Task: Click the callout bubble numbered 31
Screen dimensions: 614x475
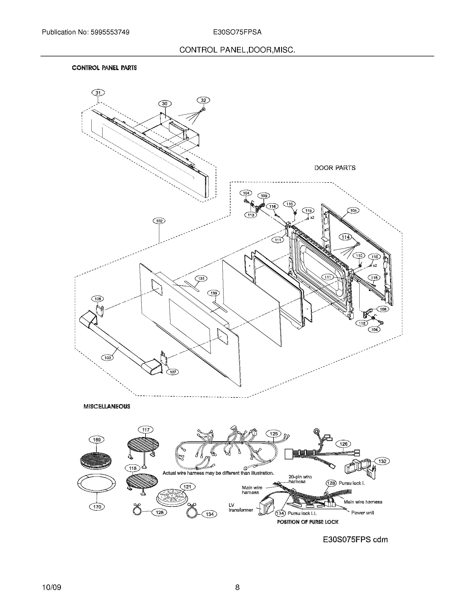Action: tap(98, 92)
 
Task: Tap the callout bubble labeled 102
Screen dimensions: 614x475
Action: tap(159, 221)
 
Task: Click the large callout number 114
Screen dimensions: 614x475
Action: tap(345, 237)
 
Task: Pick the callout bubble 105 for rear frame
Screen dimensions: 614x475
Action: tap(353, 210)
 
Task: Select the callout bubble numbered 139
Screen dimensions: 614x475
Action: tap(213, 293)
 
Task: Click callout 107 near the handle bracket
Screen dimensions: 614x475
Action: tap(173, 372)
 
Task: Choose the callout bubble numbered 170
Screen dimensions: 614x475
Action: tap(97, 507)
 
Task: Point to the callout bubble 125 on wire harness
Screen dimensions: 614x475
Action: tap(274, 434)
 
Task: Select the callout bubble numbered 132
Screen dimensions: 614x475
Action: tap(382, 461)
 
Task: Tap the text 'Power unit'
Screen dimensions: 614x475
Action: tap(362, 512)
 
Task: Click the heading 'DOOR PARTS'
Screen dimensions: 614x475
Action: tap(334, 168)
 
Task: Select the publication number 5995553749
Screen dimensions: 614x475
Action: tap(110, 32)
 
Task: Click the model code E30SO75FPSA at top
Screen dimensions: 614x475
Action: tap(237, 32)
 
